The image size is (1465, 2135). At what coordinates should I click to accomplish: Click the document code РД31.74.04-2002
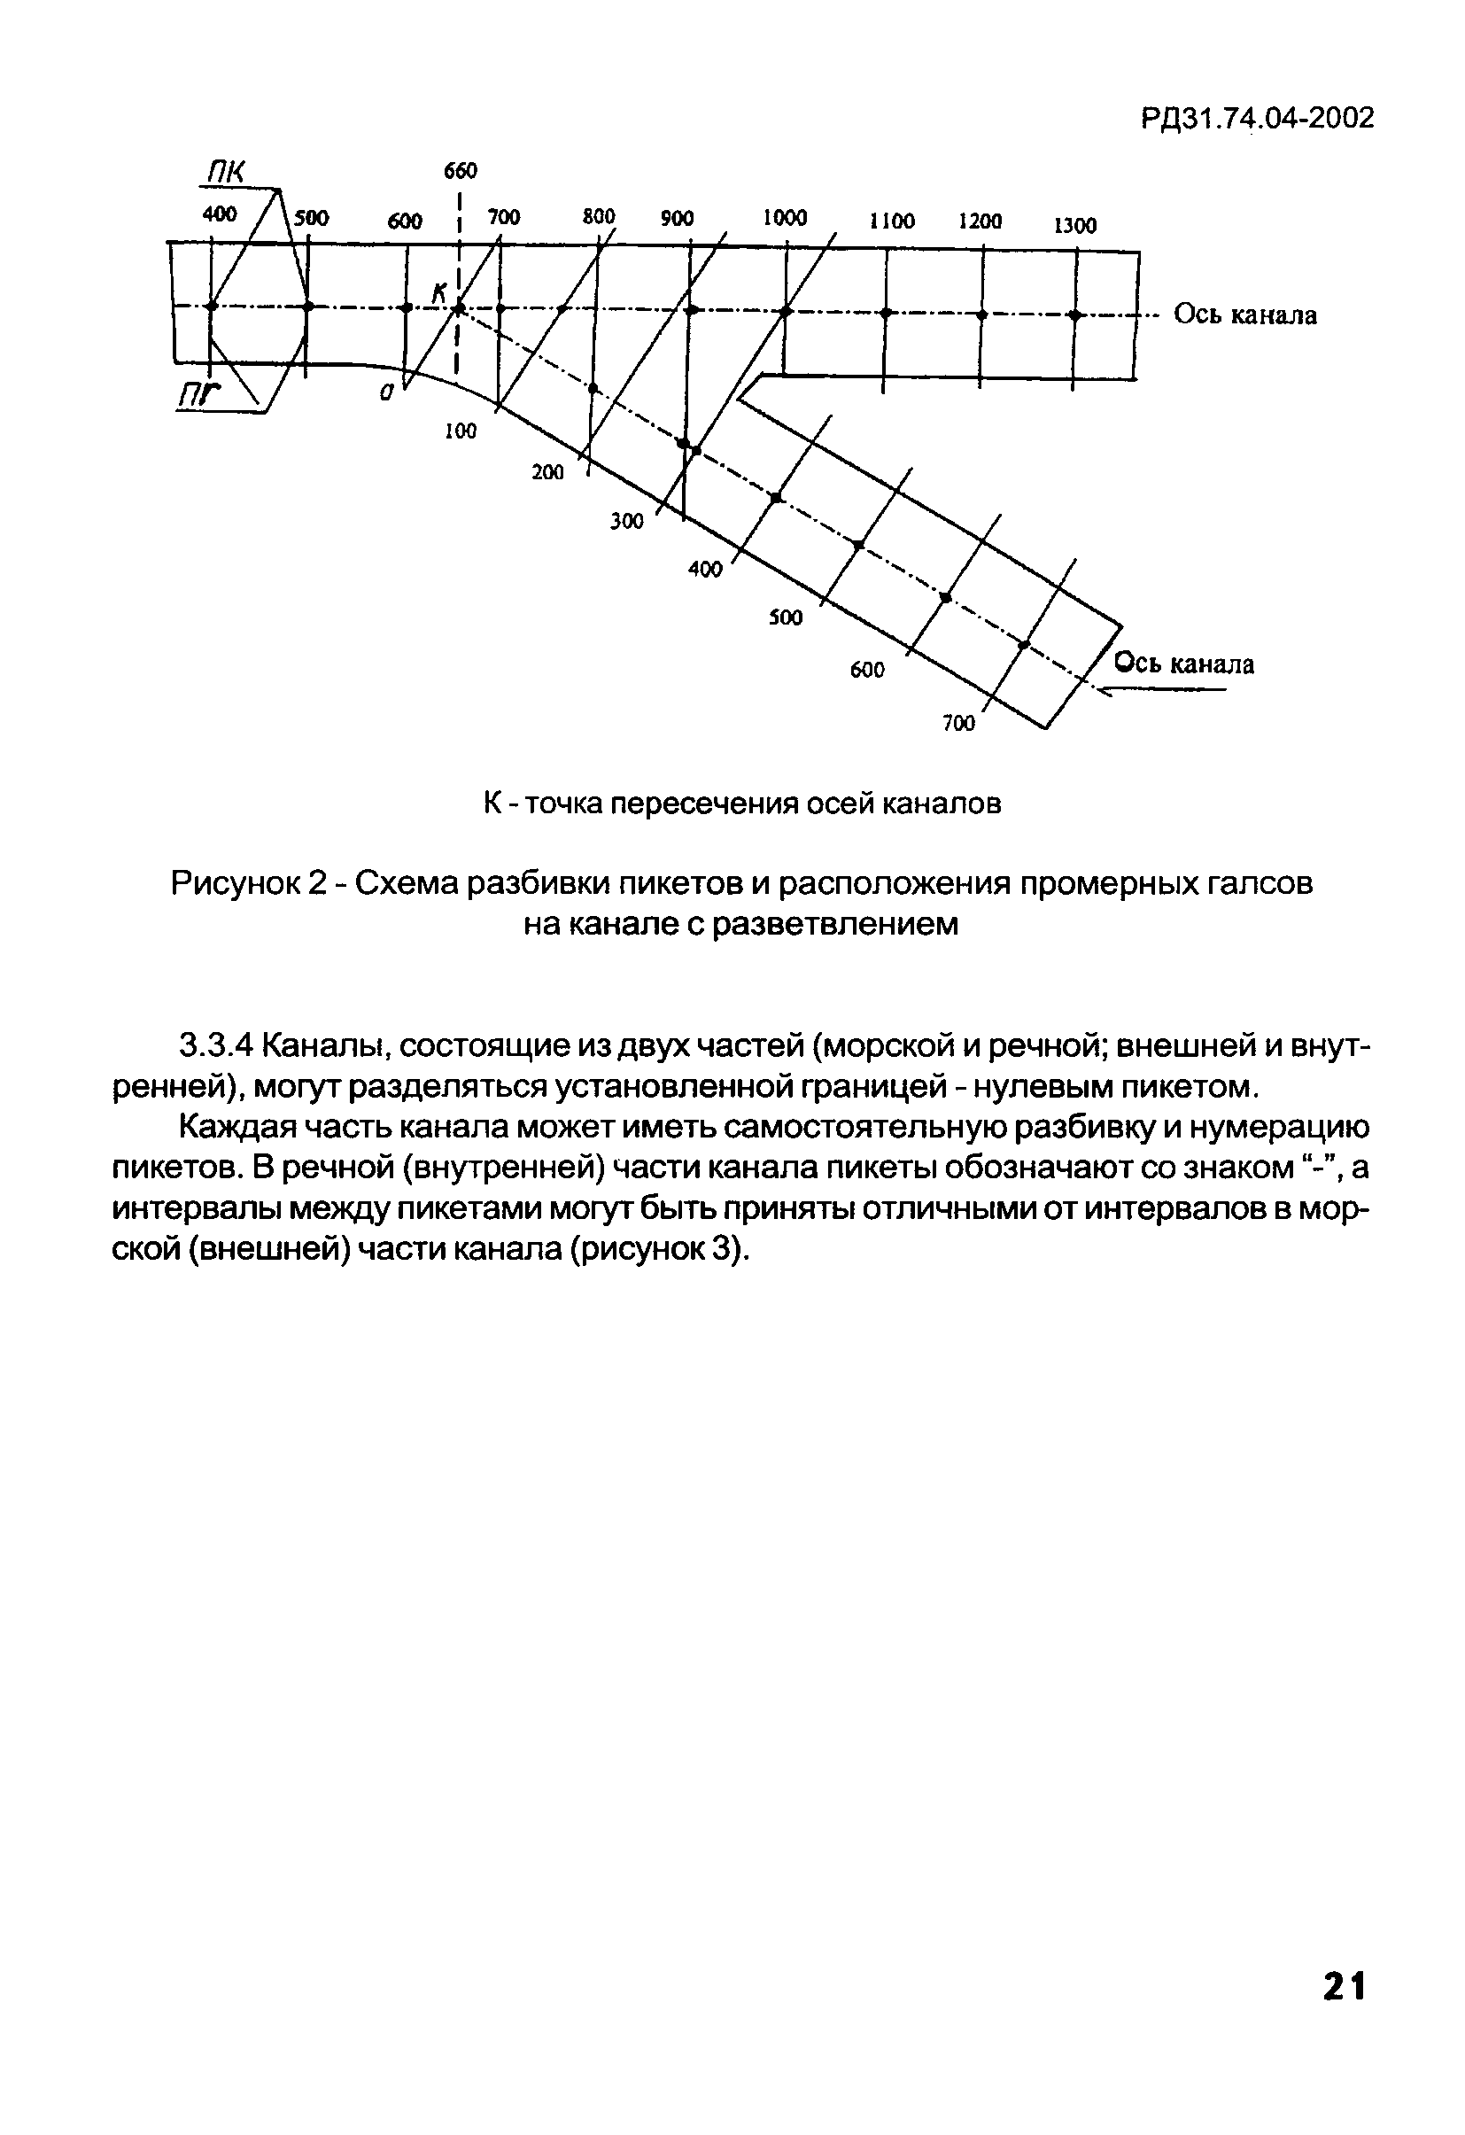pos(1258,119)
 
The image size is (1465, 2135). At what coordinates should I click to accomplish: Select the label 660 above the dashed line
pos(461,172)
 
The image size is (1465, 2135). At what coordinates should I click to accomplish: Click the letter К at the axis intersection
pos(440,293)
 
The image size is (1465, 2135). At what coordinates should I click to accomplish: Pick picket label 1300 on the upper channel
pos(1074,226)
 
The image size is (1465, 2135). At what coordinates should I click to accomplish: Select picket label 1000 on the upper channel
pos(785,218)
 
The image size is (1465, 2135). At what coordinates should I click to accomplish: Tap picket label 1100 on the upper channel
pos(892,221)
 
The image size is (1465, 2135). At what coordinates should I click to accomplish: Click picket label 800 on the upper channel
pos(598,217)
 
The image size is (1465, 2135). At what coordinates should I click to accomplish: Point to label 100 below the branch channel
pos(461,431)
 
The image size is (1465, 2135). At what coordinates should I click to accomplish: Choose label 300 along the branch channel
pos(626,522)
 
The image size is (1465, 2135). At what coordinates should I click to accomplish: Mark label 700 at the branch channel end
pos(958,724)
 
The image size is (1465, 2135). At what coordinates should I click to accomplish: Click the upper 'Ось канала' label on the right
pos(1245,315)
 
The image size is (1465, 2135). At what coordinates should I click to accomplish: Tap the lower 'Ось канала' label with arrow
pos(1183,664)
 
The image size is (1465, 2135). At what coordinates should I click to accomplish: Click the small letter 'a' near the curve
pos(387,392)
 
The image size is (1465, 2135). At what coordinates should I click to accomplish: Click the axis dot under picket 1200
pos(981,315)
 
